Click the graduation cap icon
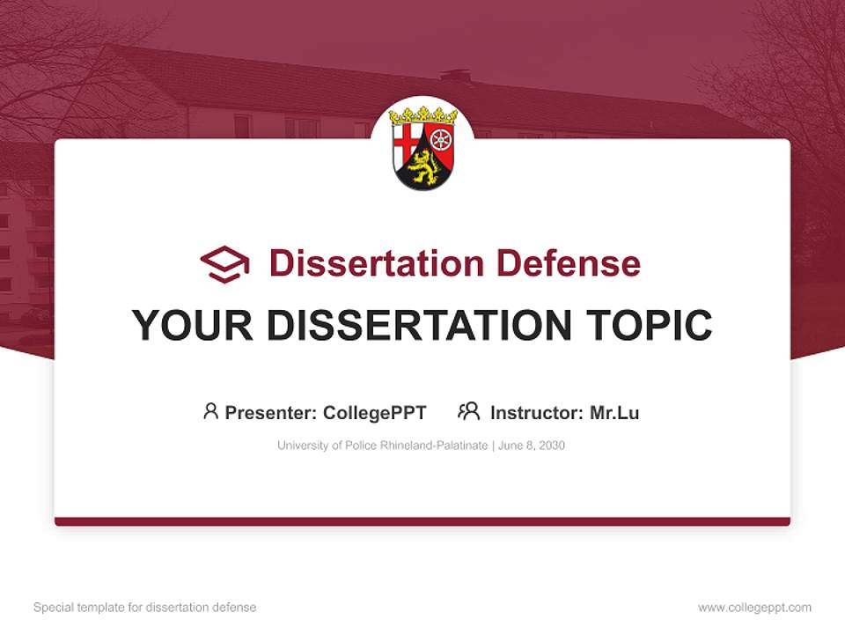click(224, 264)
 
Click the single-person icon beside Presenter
click(210, 411)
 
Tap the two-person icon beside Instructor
click(469, 411)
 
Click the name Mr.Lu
click(614, 412)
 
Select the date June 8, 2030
click(532, 446)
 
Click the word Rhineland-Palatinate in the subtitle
click(435, 446)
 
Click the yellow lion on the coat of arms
click(422, 165)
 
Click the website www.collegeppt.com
click(754, 608)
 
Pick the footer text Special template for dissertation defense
click(145, 608)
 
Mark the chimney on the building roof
click(455, 77)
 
